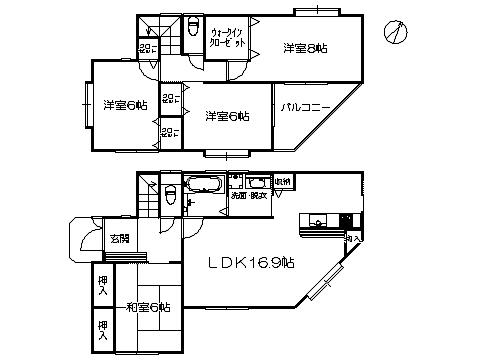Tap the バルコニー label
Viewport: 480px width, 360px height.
coord(305,105)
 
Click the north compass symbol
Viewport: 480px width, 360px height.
coord(397,32)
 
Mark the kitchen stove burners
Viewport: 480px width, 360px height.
coord(346,220)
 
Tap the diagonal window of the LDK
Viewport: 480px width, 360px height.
coord(322,288)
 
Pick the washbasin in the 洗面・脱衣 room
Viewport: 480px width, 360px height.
coord(256,183)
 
